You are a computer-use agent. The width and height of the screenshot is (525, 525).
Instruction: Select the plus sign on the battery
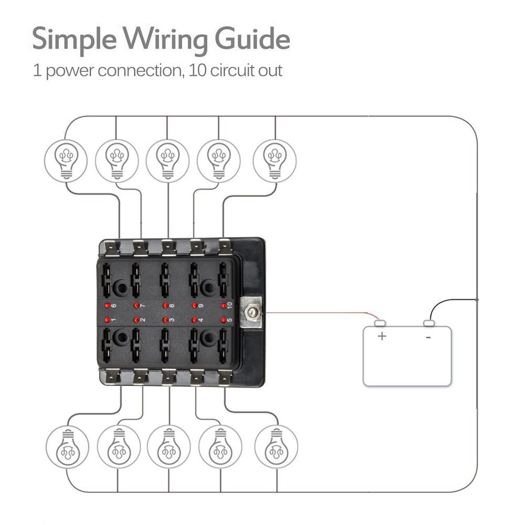pos(382,336)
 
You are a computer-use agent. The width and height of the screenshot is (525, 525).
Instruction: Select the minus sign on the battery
pos(428,337)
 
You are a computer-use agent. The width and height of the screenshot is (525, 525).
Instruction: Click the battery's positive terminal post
pos(380,323)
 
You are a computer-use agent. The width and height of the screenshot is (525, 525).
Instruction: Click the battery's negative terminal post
pos(429,323)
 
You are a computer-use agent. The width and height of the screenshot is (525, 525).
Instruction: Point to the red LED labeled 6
pos(107,306)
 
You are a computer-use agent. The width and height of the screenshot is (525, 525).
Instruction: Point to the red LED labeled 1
pos(107,320)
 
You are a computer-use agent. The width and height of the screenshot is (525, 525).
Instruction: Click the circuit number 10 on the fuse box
pos(229,305)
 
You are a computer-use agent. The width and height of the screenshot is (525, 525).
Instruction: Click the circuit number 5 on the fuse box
pos(229,320)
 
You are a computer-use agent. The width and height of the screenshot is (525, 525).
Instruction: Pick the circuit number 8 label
pos(172,305)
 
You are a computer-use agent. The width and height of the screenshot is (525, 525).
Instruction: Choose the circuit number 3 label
pos(172,320)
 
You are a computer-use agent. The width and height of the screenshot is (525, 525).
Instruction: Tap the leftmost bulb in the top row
pos(66,160)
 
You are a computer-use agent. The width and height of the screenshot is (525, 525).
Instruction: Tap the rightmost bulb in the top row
pos(274,160)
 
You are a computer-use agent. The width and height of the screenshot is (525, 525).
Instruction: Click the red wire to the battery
pos(315,313)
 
